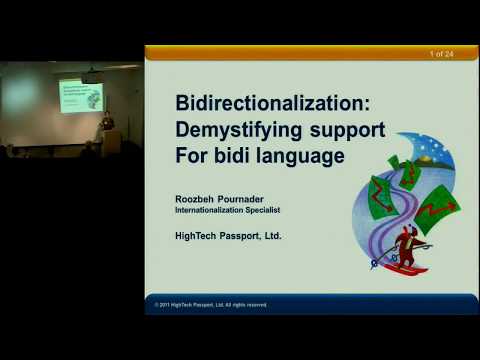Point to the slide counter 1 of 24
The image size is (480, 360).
coord(442,52)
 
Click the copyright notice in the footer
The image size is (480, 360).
coord(211,304)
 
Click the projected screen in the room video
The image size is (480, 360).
coord(81,97)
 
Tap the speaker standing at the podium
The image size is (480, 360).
coord(107,124)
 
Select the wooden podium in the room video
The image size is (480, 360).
coord(111,142)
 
